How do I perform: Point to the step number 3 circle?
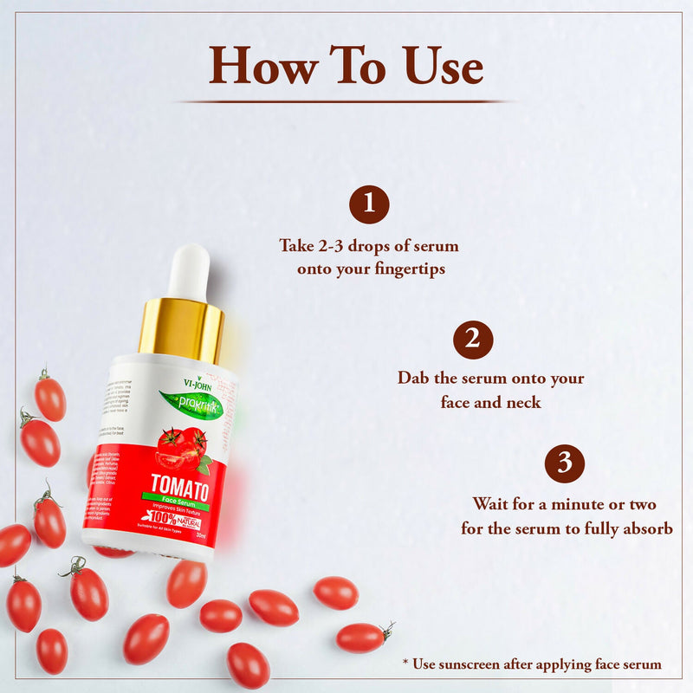(564, 463)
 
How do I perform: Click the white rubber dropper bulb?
(190, 272)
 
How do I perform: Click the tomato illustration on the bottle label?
(182, 446)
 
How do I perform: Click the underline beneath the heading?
(346, 101)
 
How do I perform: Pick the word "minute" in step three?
(573, 504)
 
